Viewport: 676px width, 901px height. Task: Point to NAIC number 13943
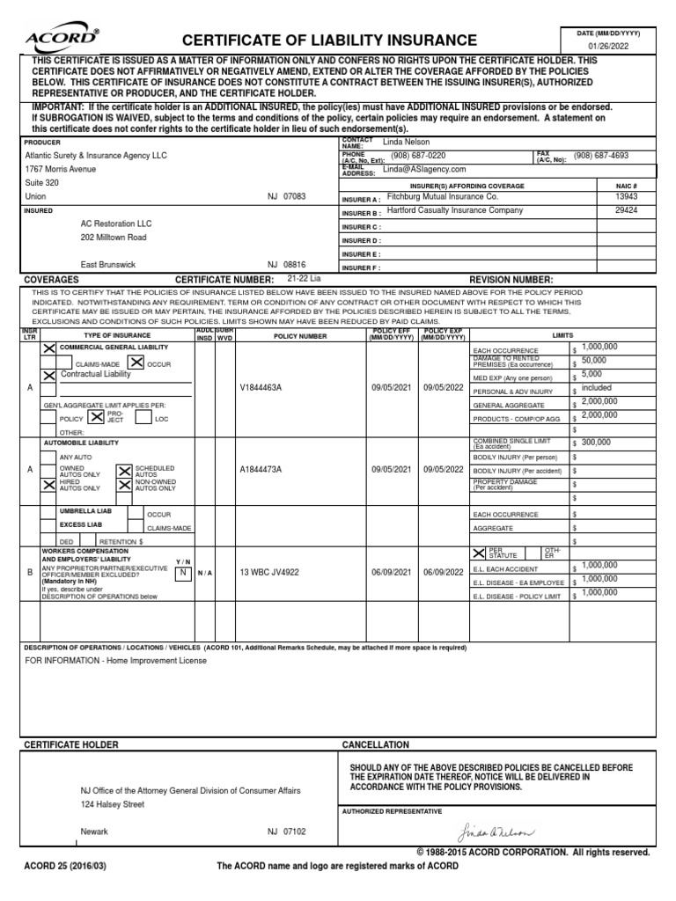coord(626,198)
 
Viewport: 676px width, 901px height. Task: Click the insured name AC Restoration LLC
coord(116,223)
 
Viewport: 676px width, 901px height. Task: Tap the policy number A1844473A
coord(261,470)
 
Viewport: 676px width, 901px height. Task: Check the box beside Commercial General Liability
coord(49,349)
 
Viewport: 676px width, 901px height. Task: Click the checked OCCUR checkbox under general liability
coord(136,363)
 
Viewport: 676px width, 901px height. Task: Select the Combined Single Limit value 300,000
coord(596,442)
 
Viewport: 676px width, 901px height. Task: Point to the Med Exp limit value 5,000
coord(591,374)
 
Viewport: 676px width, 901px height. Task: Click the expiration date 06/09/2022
coord(443,572)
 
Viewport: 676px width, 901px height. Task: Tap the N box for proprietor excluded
coord(183,572)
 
